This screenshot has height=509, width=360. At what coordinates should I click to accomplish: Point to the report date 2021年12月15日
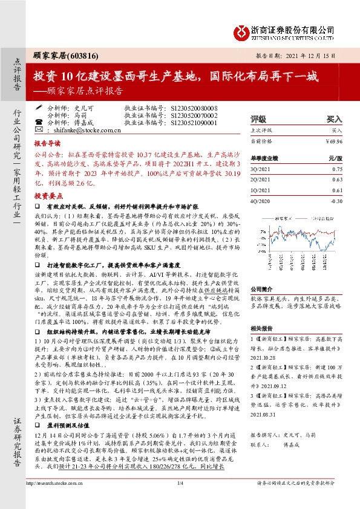tap(312, 55)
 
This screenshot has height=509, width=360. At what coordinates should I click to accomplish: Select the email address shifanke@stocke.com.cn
tap(93, 129)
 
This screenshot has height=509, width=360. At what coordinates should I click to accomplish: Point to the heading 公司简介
tap(262, 289)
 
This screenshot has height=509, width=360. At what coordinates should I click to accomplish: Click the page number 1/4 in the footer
tap(180, 499)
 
